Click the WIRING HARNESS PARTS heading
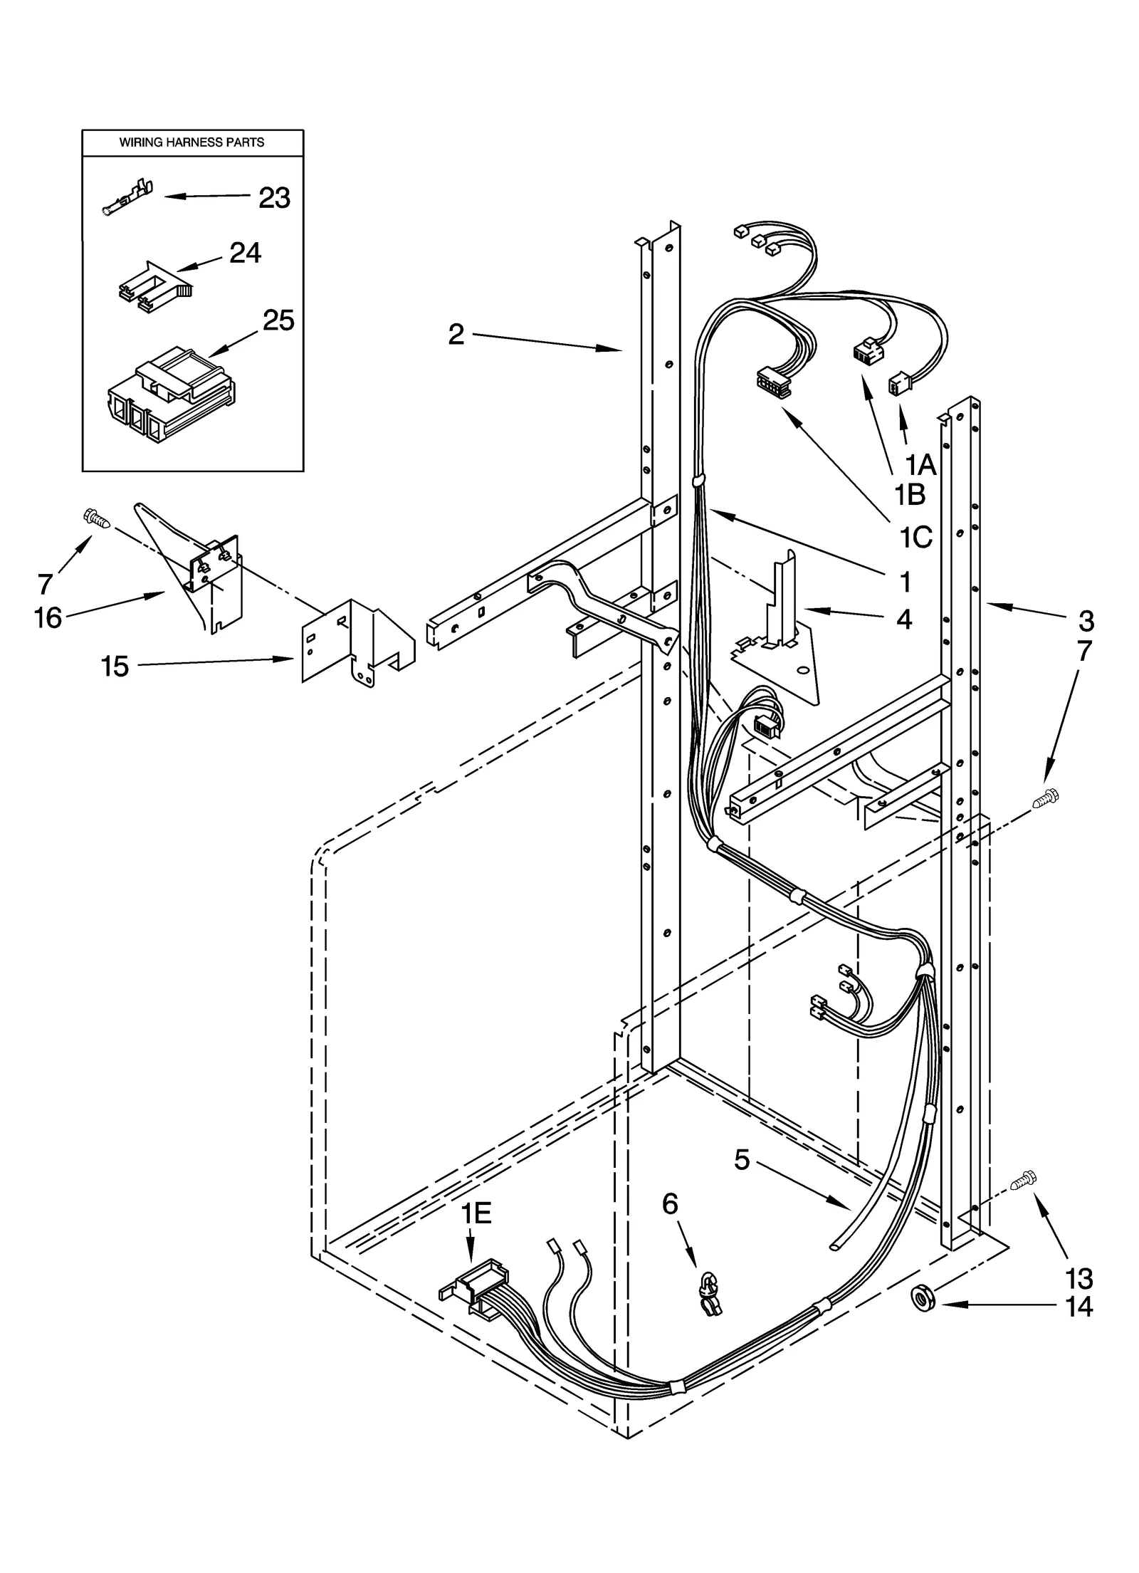191,142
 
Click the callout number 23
274,199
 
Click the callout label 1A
920,465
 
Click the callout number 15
115,667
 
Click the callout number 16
48,618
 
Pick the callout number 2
456,334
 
